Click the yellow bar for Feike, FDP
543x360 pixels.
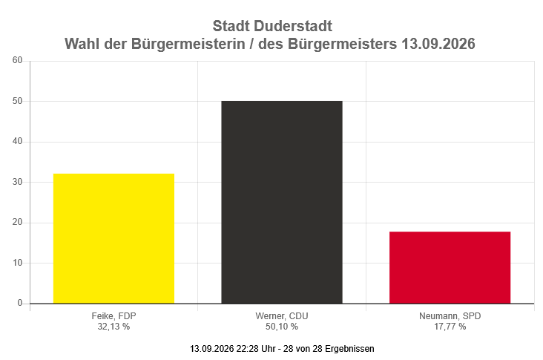click(113, 238)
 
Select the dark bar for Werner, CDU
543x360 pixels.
click(282, 203)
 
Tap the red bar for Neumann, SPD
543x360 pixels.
click(450, 267)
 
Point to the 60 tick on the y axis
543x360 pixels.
click(17, 60)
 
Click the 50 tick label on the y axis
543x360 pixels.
click(17, 101)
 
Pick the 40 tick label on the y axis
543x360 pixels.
click(17, 141)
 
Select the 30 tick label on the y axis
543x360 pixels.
click(17, 182)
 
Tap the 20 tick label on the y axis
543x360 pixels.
click(17, 223)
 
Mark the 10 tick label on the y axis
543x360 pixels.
click(17, 263)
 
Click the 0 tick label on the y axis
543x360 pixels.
click(20, 303)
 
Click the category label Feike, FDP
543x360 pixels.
click(113, 316)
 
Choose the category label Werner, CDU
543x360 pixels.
click(282, 316)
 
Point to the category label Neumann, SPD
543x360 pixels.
click(450, 316)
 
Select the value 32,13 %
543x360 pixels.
click(113, 327)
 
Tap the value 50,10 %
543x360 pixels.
click(282, 327)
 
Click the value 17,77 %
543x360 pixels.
click(450, 327)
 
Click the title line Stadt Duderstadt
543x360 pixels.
click(272, 26)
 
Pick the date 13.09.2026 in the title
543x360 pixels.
click(438, 44)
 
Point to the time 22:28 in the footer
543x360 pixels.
click(247, 349)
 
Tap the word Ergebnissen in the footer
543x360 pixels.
click(349, 349)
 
